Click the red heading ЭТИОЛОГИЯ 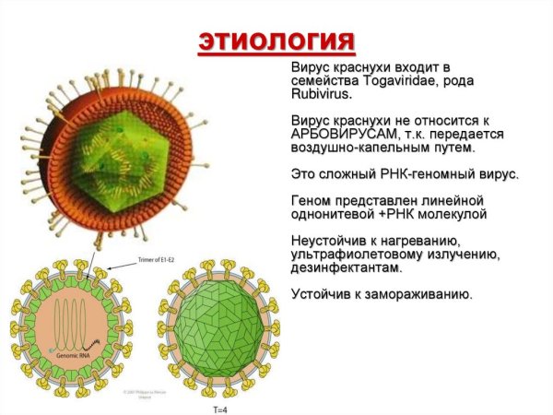pyautogui.click(x=276, y=42)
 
